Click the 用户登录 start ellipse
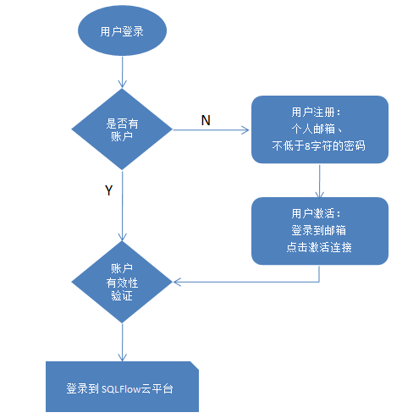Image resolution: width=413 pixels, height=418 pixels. pos(122,30)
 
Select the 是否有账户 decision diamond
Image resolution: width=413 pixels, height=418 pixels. pos(122,129)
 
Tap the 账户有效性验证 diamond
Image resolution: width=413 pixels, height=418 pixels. pos(122,282)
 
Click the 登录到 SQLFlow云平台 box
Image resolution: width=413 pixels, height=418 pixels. pos(122,387)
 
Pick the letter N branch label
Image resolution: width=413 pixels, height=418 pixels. pos(206,120)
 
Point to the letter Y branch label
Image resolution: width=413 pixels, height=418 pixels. pos(108,190)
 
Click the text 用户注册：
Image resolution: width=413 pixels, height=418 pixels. pos(317,113)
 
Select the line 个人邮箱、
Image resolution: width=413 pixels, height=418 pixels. pos(317,129)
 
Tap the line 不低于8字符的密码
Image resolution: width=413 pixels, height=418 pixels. pos(319,146)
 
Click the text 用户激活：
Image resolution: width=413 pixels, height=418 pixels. pos(317,213)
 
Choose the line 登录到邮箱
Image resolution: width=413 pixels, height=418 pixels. pos(319,230)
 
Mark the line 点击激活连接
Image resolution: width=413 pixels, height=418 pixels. pos(319,247)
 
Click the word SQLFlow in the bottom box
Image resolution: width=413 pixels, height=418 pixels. pos(121,389)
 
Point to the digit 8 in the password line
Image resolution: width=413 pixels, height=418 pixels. pos(307,146)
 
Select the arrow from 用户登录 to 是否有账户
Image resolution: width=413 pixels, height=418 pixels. pos(122,72)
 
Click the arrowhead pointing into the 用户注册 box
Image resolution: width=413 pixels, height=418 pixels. pos(245,130)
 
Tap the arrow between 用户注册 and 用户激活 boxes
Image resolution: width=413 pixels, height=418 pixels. pos(319,180)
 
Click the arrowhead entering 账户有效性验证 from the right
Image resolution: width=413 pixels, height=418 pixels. pos(177,282)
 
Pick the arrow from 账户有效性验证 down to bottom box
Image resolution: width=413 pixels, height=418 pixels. pos(122,342)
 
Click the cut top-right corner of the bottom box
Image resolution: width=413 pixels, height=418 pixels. pos(195,366)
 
